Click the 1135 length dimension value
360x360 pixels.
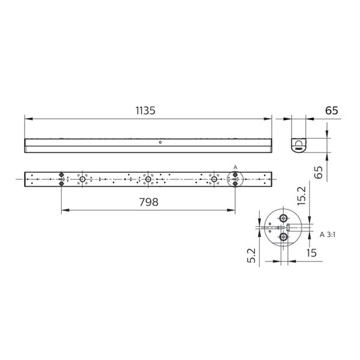[145, 110]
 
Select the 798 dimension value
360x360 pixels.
[149, 202]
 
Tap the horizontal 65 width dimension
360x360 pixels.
[332, 110]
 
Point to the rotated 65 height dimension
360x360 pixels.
[318, 172]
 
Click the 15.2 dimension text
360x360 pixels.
[301, 196]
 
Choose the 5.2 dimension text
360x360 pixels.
[251, 256]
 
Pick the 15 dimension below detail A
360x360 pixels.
[311, 253]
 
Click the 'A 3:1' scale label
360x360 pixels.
[328, 235]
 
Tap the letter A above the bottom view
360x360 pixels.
[235, 167]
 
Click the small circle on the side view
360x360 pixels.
[160, 142]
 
